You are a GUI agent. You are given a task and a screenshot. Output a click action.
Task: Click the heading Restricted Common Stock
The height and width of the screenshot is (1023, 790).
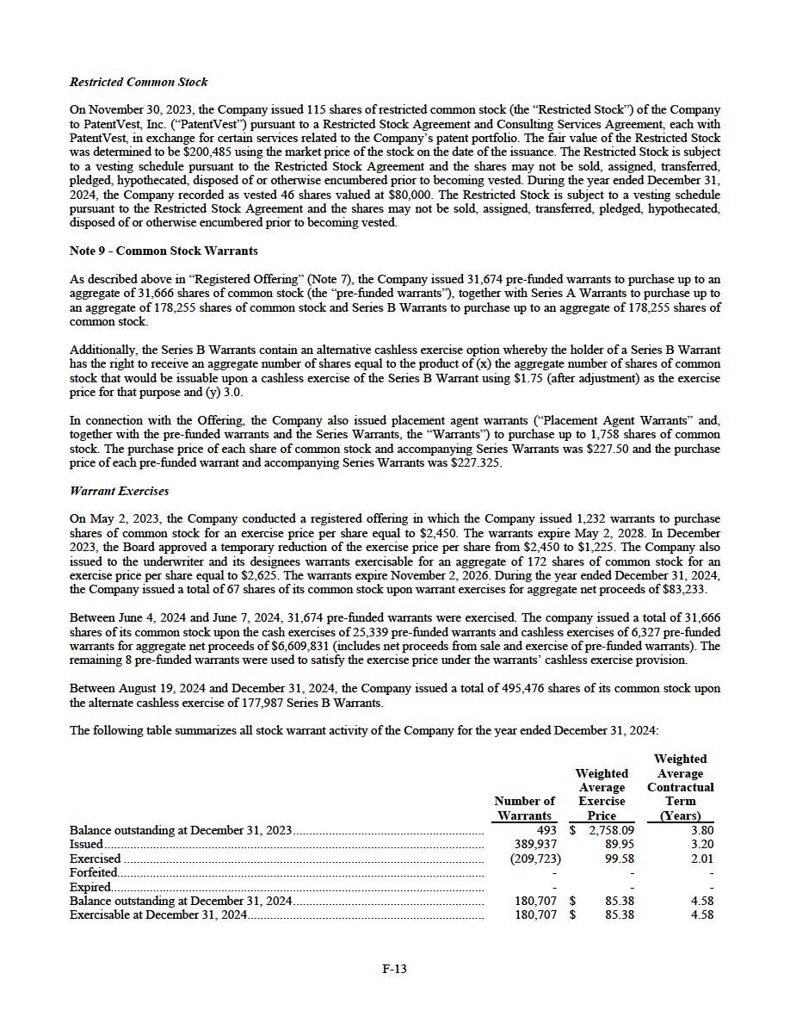139,83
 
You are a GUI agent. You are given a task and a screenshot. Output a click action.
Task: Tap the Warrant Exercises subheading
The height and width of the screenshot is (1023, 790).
119,491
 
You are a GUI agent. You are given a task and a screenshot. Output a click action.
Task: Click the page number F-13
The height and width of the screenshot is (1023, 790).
394,969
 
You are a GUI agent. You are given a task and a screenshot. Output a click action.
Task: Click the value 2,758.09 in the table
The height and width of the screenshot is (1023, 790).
611,831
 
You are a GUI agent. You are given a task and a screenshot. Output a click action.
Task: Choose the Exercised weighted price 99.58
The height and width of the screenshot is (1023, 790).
618,859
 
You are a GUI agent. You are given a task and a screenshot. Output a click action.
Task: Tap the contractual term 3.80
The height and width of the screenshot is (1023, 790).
701,831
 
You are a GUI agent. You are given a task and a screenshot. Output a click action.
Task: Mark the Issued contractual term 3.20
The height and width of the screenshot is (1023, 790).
701,845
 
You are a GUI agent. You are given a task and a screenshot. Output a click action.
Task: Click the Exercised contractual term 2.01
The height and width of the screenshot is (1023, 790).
701,859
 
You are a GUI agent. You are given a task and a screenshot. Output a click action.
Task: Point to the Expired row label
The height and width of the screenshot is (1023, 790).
90,887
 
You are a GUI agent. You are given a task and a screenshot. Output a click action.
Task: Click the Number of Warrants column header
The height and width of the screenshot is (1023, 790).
524,808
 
